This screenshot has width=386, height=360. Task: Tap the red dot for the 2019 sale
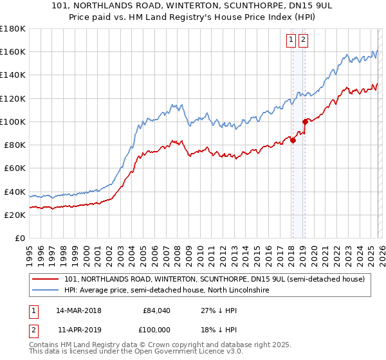pos(305,121)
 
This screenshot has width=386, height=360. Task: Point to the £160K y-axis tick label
pos(13,51)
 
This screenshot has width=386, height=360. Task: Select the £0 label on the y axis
pos(21,238)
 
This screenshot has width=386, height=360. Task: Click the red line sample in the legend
pos(46,279)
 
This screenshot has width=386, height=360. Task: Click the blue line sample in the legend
pos(46,291)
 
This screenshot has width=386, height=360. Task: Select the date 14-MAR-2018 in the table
pos(78,310)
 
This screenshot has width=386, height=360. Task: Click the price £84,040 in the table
pos(157,310)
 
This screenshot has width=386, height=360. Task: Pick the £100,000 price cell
pos(157,328)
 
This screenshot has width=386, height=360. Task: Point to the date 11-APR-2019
pos(78,328)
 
